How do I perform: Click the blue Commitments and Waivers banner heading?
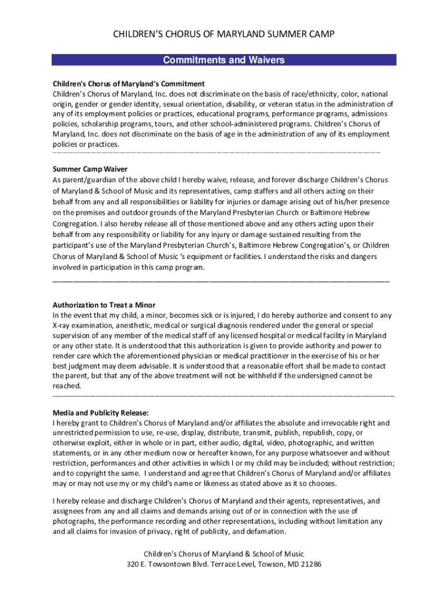coord(223,60)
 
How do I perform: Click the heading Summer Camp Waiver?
coord(90,169)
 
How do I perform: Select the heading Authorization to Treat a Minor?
coord(104,305)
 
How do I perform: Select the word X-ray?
coord(62,325)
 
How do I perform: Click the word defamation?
coord(266,531)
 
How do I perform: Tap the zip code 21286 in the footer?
coord(311,564)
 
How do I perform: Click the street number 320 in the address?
coord(134,564)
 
